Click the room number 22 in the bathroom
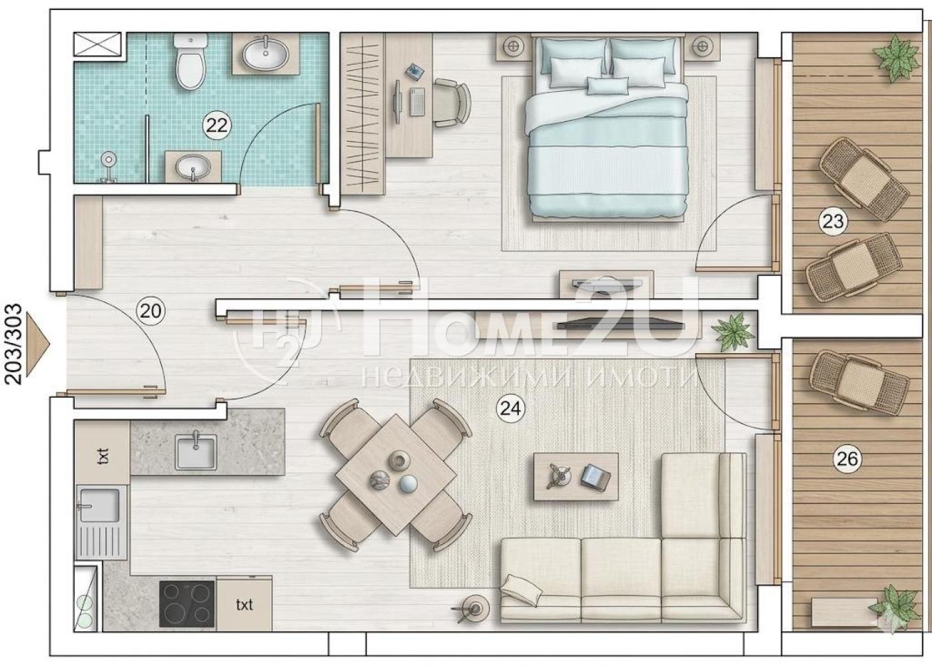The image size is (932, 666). click(217, 125)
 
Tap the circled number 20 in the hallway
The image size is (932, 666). click(151, 311)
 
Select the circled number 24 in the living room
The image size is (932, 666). click(510, 408)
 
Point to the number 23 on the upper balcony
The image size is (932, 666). click(833, 221)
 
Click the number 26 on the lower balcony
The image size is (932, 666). click(847, 459)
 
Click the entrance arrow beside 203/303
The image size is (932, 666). click(37, 344)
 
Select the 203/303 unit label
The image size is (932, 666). click(14, 344)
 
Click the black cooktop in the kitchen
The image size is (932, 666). click(187, 604)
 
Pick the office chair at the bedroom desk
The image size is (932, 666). click(452, 103)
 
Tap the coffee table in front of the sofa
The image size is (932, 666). click(576, 477)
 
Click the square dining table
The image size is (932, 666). click(396, 475)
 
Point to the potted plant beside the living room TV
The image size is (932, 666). click(733, 332)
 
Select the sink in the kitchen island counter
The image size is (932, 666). click(196, 452)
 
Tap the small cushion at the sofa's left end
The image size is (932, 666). click(522, 589)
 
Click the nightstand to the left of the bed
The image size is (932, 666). click(514, 47)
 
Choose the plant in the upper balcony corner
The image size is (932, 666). click(896, 58)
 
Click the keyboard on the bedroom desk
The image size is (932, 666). click(417, 101)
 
